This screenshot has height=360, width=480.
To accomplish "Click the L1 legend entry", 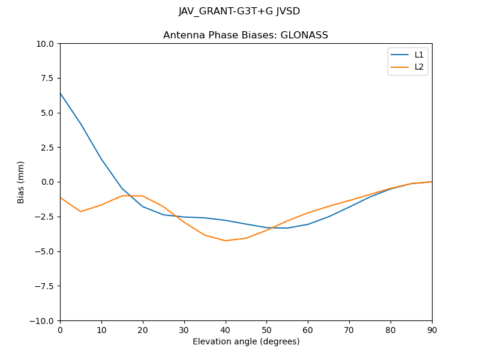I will (419, 55).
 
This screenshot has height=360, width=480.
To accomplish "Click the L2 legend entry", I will (419, 67).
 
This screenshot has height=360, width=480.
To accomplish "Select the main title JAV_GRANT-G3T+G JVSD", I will (239, 11).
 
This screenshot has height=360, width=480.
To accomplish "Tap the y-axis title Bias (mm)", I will (21, 182).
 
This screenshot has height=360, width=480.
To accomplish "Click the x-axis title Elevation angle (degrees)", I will (246, 341).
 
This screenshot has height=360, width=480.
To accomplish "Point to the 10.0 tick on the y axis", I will (47, 44).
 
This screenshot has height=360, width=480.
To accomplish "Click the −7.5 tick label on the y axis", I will (44, 286).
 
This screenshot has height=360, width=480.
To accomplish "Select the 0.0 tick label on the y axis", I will (47, 182).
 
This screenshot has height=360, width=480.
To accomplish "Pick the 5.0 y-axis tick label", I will (47, 113).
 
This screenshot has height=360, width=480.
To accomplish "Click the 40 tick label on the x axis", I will (226, 330).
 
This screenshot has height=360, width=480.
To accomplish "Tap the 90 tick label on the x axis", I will (432, 330).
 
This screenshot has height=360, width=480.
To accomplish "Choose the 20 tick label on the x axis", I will (143, 330).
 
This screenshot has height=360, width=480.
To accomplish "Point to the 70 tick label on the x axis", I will (349, 330).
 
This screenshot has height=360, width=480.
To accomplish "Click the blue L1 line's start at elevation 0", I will (61, 93).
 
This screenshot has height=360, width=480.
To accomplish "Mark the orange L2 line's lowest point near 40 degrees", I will (226, 241).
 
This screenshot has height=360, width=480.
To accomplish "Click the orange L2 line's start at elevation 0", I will (61, 197).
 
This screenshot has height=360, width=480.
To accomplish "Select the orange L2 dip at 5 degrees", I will (80, 211).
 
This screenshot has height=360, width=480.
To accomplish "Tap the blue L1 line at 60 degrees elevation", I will (308, 224).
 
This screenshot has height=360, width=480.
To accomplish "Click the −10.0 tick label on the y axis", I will (43, 321).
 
